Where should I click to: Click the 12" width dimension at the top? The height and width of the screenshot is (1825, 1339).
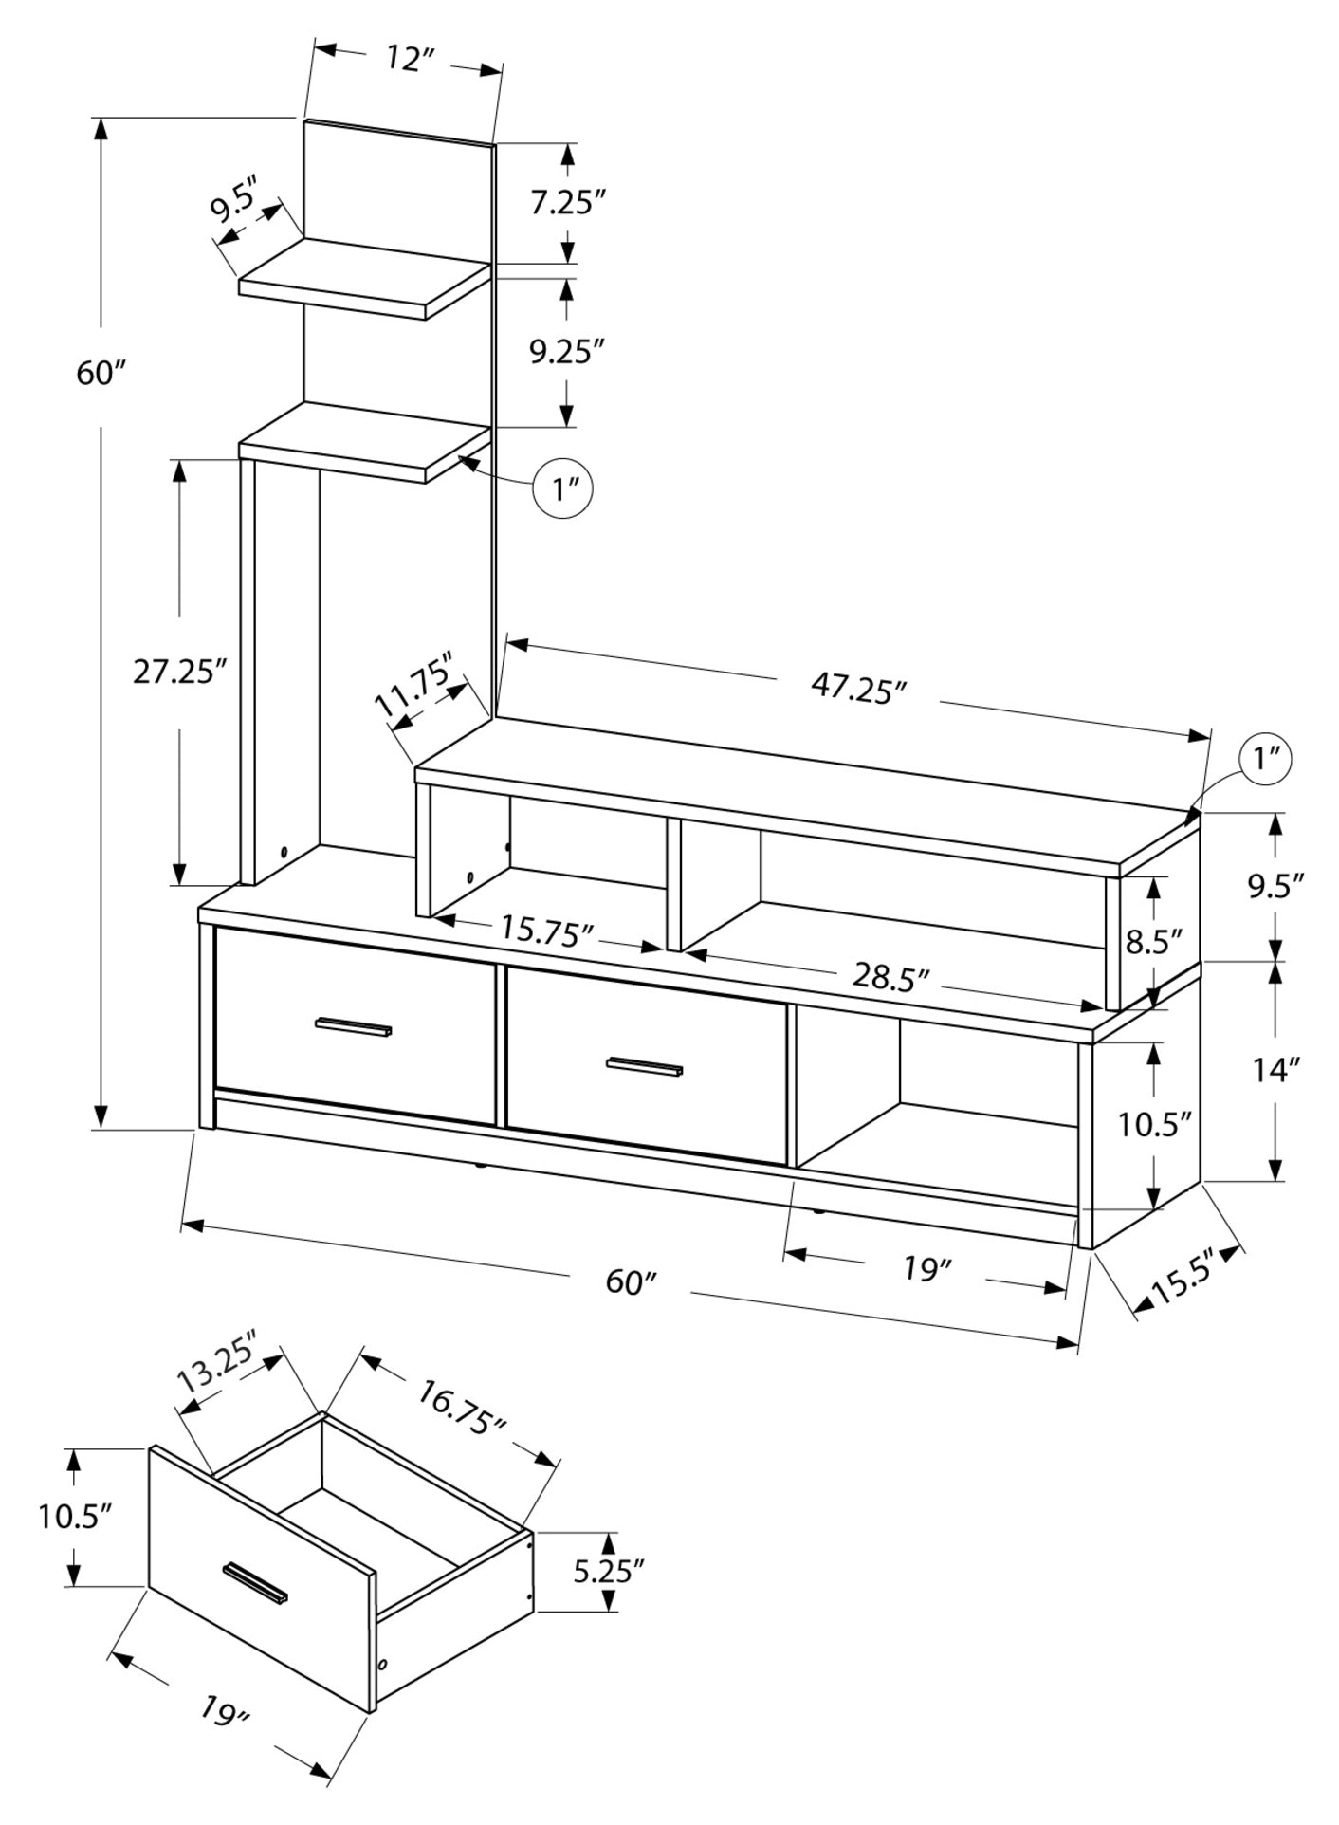409,59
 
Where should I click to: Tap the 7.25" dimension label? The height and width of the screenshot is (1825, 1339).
567,202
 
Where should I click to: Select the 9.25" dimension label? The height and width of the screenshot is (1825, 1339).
567,351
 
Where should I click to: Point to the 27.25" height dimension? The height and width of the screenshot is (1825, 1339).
180,672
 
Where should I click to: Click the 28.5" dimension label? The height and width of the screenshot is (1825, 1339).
890,976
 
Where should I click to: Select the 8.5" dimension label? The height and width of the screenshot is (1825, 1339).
1153,942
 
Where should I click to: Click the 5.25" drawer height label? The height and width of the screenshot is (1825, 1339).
608,1571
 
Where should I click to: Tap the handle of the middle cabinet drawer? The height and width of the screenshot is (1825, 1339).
645,1067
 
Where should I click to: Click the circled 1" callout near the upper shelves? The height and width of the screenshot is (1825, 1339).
564,489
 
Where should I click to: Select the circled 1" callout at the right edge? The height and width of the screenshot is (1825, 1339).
1267,759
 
